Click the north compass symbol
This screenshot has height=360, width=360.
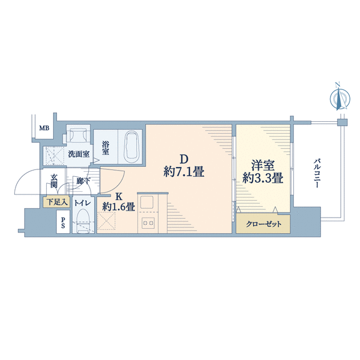coord(340,97)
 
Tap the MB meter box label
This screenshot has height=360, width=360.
coord(44,128)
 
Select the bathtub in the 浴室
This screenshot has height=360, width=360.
coord(131,146)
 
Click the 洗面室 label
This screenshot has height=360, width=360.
coord(79,154)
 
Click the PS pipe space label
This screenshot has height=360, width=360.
coord(62,222)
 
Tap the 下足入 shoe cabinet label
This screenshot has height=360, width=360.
coord(57,202)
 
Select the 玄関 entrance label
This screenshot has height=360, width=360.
coord(54,181)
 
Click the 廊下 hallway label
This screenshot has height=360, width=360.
coord(83,181)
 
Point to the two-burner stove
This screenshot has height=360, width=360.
coord(148,222)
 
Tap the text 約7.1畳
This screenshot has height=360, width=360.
coord(184,172)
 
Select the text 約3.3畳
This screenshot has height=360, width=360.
coord(262,178)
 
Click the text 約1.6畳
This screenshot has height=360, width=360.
coord(119,207)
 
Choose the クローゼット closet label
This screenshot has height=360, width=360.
coord(264,224)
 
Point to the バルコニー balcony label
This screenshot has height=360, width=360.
coord(317,172)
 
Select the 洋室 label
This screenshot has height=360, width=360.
coord(263,166)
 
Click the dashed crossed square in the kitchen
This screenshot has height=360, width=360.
coord(106,221)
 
